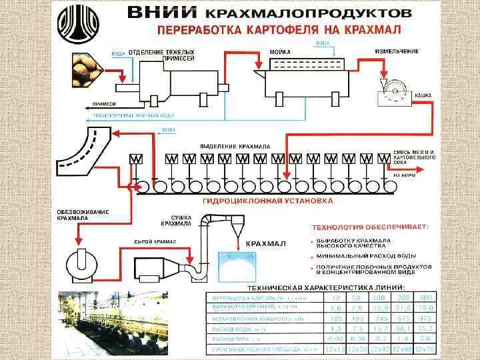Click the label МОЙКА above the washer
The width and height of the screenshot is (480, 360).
pos(279,51)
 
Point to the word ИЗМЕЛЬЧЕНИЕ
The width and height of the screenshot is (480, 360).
pos(397,51)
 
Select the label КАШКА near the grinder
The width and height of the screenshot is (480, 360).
pos(423,95)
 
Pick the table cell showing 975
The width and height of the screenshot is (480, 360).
pos(424,318)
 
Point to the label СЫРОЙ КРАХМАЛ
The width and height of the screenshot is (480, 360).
pos(155,241)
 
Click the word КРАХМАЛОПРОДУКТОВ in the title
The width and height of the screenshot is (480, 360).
pos(313,13)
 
